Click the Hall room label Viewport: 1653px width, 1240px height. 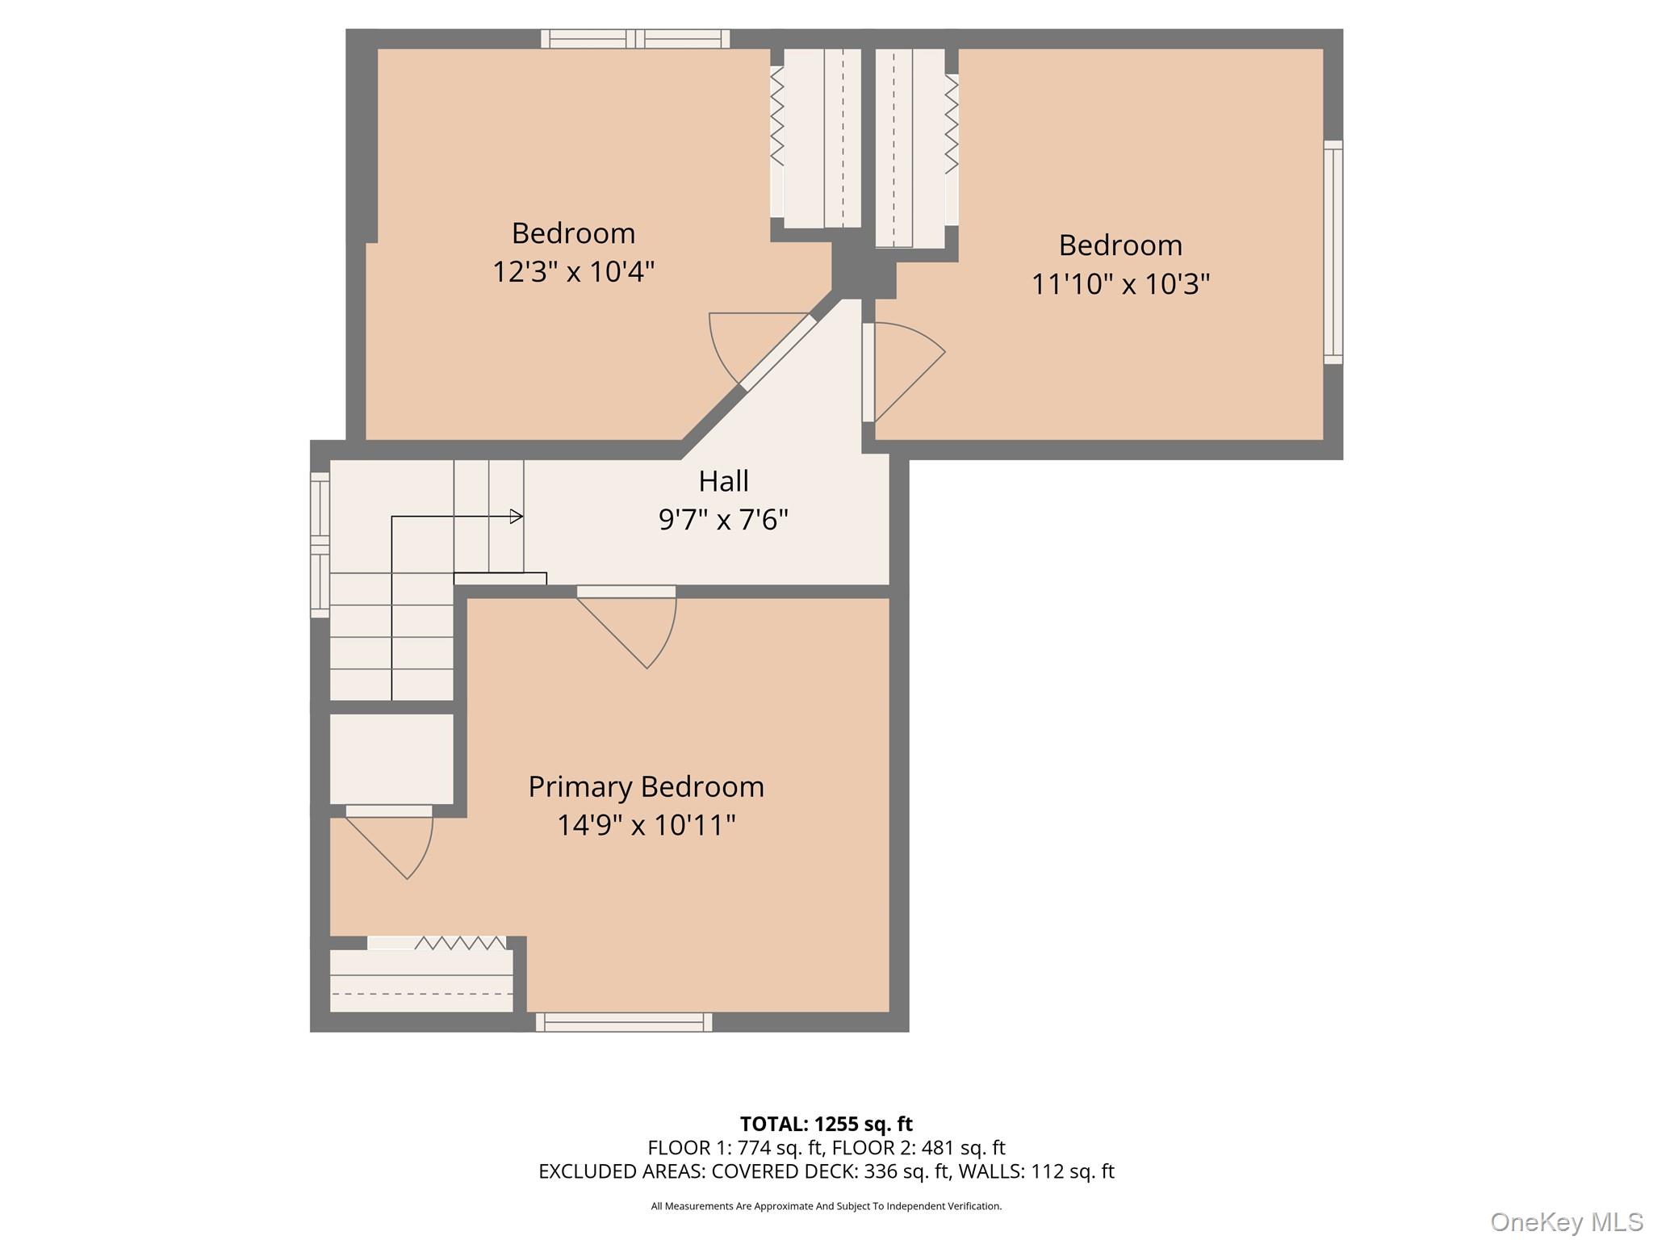(723, 481)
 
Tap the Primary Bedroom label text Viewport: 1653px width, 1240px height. (646, 786)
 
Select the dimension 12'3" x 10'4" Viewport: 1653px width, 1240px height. (573, 271)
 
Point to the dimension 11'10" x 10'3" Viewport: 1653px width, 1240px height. (1120, 283)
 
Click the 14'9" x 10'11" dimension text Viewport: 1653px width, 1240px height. (646, 825)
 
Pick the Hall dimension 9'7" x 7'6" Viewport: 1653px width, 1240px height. (723, 519)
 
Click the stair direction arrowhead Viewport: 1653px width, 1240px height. (517, 517)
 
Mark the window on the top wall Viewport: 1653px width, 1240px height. (635, 38)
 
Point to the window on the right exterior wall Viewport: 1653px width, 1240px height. (1333, 252)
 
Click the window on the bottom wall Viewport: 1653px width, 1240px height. (623, 1022)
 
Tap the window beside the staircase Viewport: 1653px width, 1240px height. (320, 545)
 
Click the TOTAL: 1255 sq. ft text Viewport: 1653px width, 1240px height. (826, 1123)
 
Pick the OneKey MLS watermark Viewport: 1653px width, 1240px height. (1566, 1221)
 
